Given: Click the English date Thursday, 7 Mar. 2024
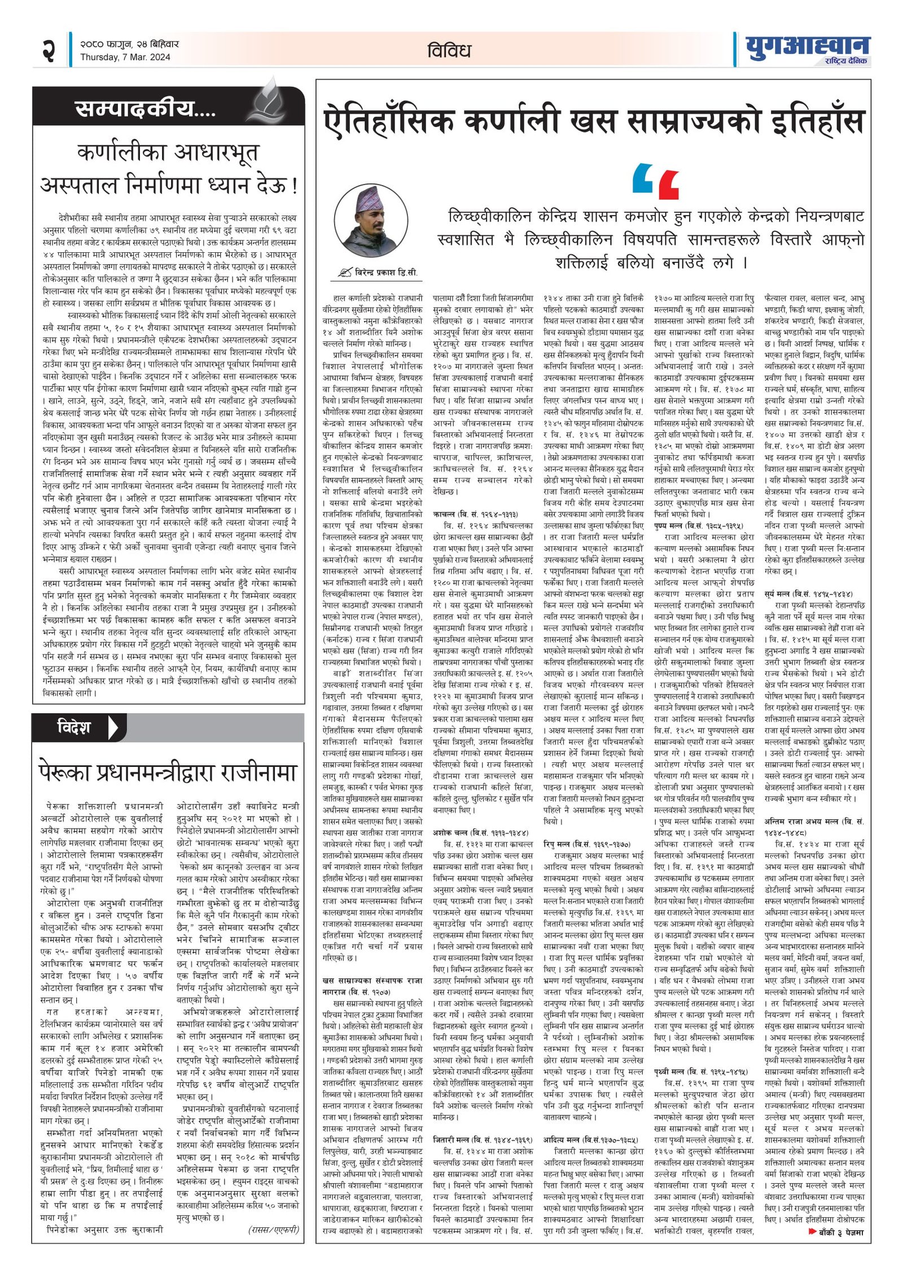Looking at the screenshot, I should [x=125, y=57].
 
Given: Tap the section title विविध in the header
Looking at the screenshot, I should [x=449, y=51].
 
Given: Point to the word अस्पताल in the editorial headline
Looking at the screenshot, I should [x=87, y=185].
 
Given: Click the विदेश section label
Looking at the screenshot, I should [x=73, y=727].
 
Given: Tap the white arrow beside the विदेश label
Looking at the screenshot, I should [x=113, y=727].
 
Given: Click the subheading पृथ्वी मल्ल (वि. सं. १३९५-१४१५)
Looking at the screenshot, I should [x=700, y=1070].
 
